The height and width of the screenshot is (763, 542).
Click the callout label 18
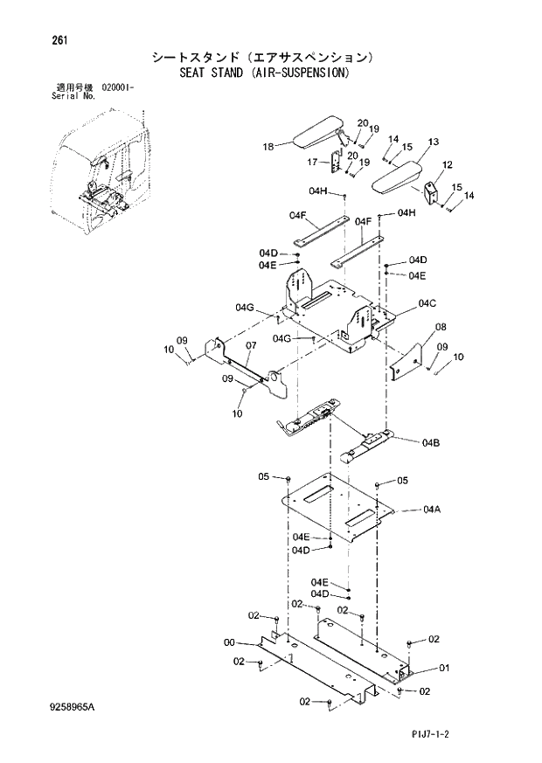(268, 146)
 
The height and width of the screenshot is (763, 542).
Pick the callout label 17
(312, 162)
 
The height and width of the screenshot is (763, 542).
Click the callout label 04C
(427, 303)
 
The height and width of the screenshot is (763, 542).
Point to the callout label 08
(441, 327)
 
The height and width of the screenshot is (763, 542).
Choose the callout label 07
(250, 345)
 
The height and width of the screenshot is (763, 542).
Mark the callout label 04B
(429, 443)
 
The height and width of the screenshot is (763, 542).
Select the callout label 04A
(431, 509)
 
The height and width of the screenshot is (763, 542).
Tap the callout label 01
(443, 669)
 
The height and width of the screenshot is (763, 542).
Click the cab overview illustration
(96, 179)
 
